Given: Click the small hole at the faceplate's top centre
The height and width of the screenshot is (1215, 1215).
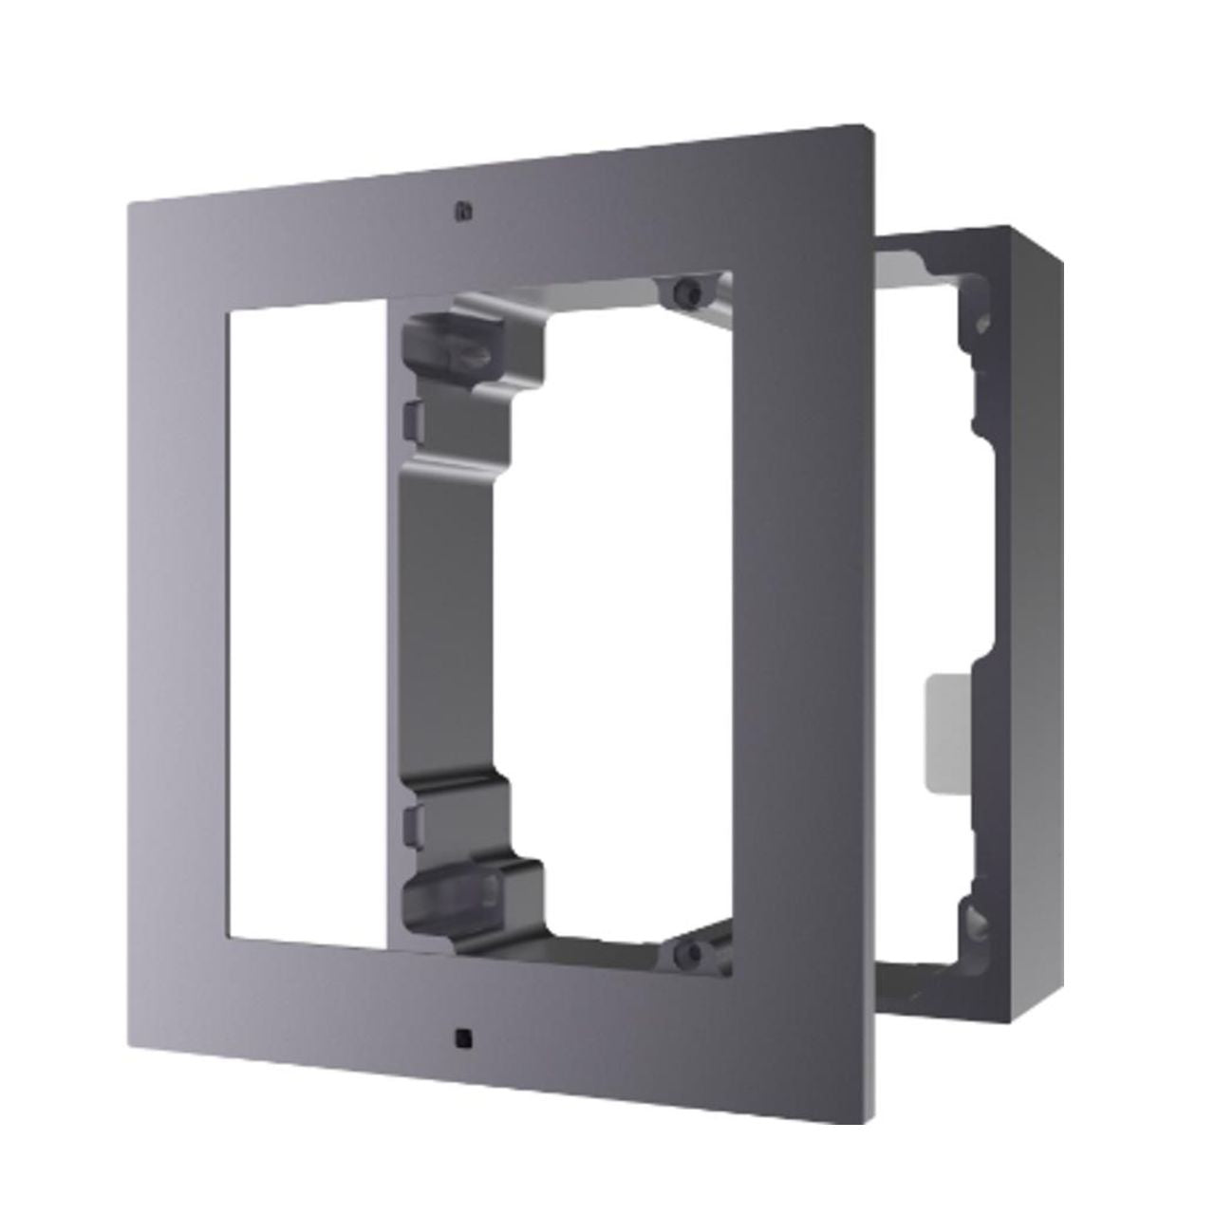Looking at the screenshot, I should (461, 210).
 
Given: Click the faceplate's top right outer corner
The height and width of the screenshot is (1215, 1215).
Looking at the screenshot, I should (871, 123).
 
